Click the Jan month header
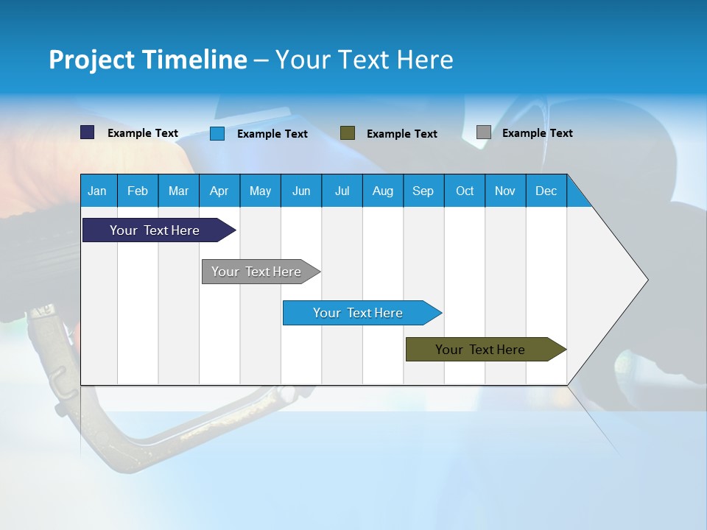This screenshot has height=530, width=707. click(x=97, y=191)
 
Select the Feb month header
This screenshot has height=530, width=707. click(x=138, y=191)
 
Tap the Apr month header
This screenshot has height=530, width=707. click(x=219, y=191)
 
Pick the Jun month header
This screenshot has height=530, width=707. click(x=301, y=191)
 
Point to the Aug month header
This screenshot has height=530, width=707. click(x=382, y=191)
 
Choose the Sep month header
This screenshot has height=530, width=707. click(x=423, y=191)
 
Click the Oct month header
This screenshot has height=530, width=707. click(x=465, y=191)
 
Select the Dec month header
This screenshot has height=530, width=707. click(x=546, y=191)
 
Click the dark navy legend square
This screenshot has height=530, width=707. click(x=88, y=132)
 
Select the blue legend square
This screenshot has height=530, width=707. click(x=217, y=133)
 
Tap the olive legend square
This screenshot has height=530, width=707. click(x=348, y=133)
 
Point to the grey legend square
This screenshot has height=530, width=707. click(x=484, y=132)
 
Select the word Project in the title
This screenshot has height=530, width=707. click(x=91, y=60)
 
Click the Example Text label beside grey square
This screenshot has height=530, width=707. click(x=537, y=133)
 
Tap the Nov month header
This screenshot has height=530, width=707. click(x=505, y=191)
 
